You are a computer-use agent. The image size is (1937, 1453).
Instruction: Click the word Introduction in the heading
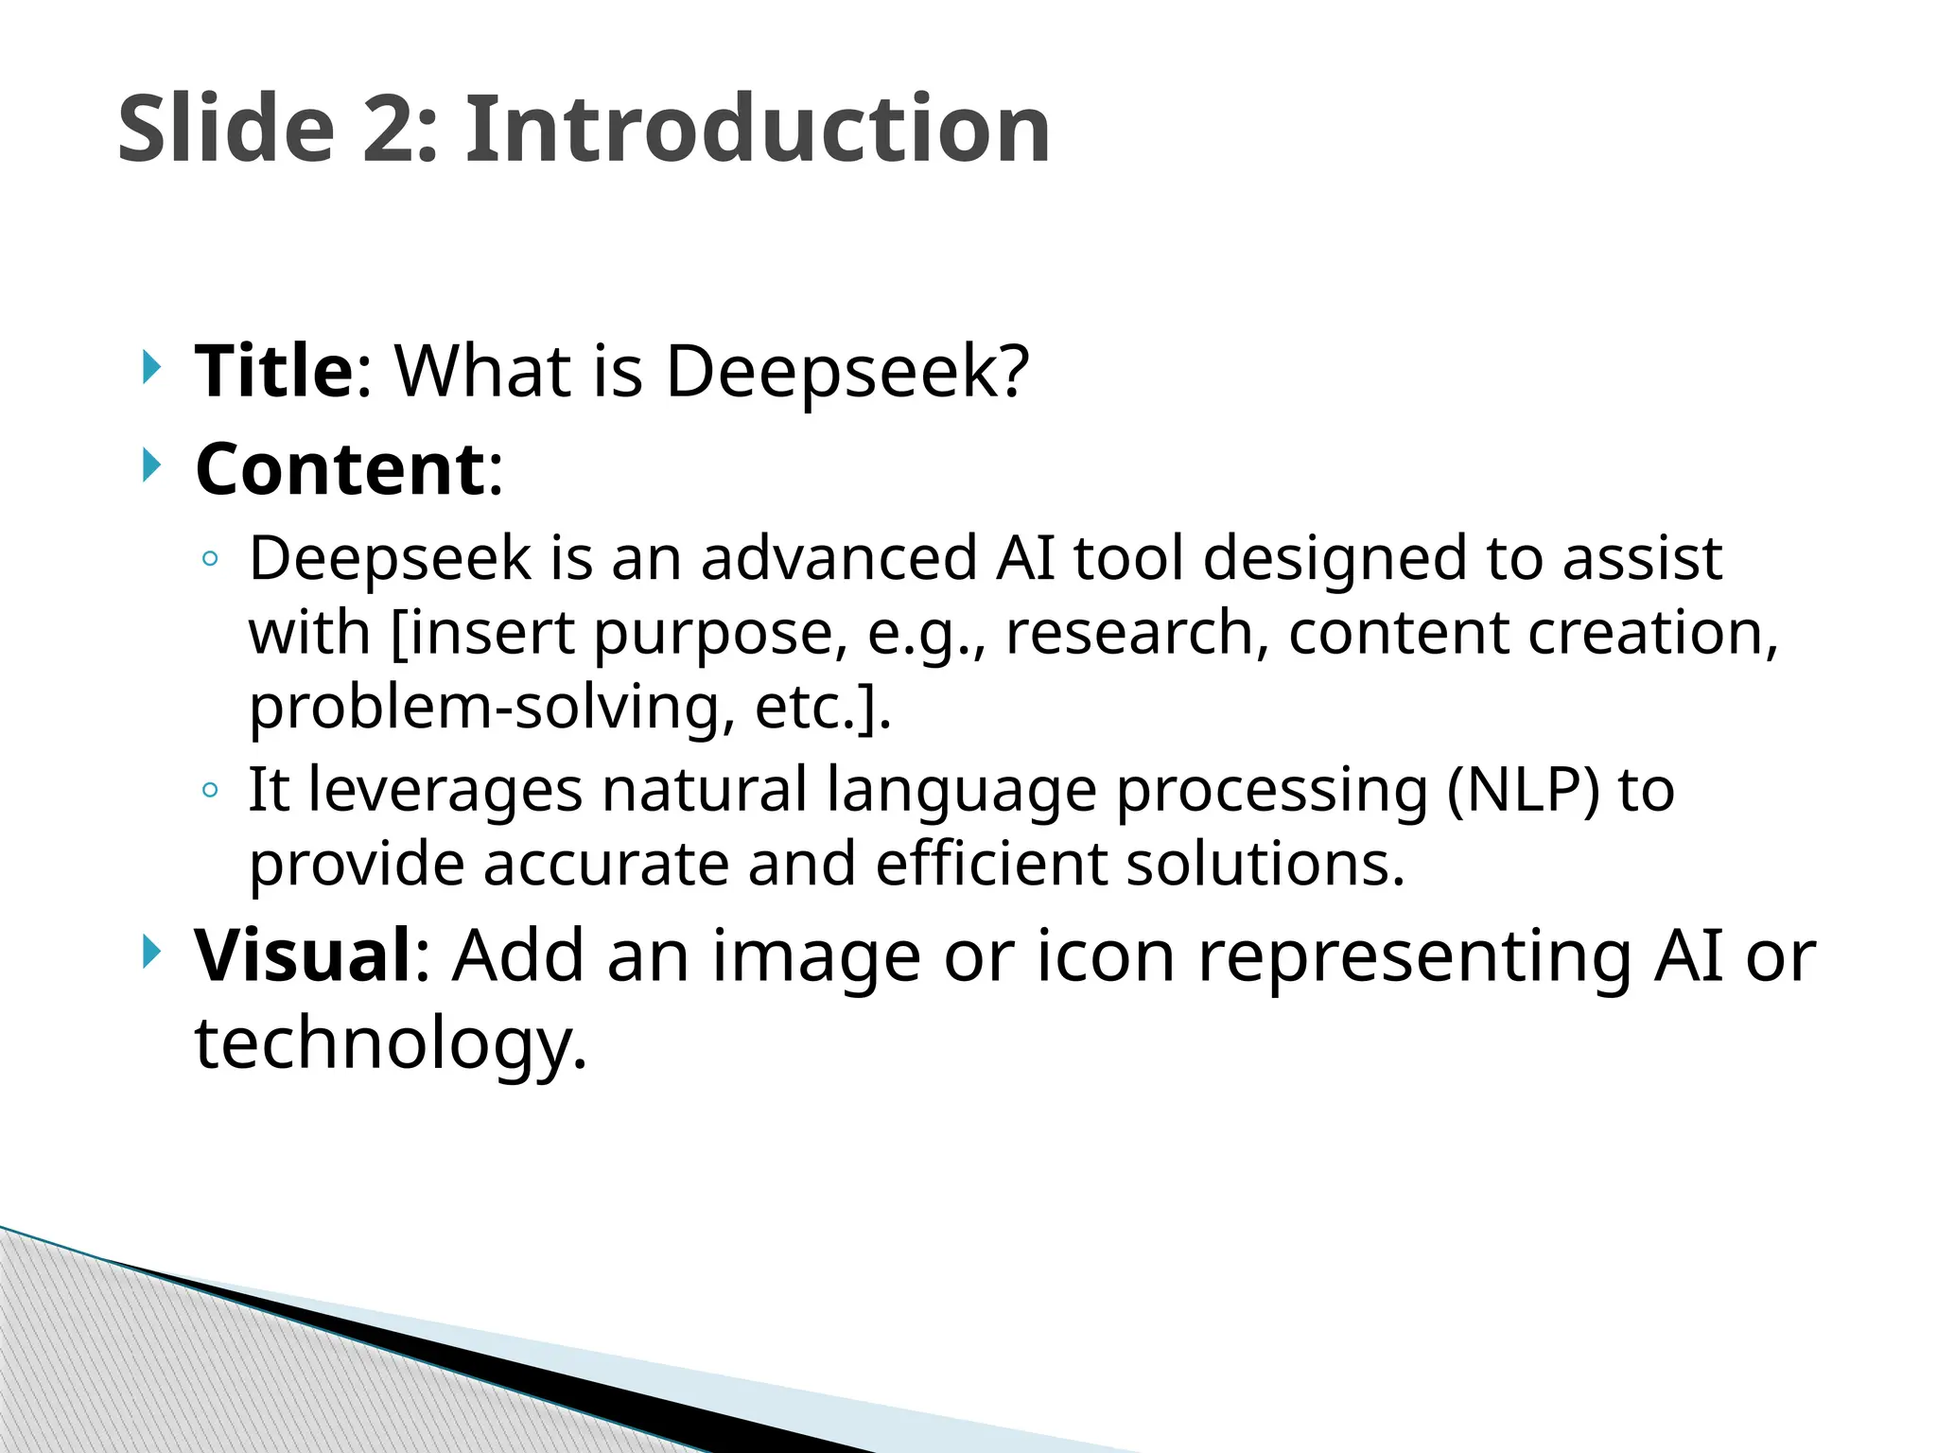tap(757, 130)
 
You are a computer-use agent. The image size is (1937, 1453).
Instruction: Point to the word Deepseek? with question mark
tap(846, 371)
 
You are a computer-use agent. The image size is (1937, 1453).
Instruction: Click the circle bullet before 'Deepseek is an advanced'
tap(210, 560)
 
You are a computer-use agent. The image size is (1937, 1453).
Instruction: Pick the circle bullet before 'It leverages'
tap(210, 791)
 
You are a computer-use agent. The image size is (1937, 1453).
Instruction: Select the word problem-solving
tap(492, 709)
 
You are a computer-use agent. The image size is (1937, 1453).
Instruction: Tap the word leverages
tap(445, 791)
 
